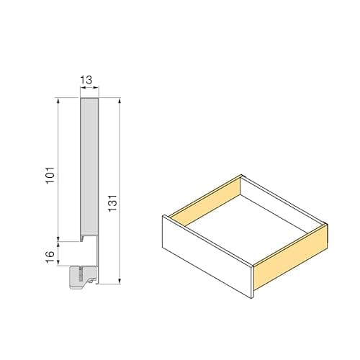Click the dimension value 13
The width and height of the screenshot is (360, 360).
88,81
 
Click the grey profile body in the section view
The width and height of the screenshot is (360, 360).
89,166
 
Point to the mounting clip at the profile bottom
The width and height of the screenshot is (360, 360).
83,276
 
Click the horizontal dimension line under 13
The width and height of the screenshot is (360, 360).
88,91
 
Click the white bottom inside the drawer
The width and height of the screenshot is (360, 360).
245,223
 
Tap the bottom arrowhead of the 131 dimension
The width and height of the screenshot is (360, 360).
119,283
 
